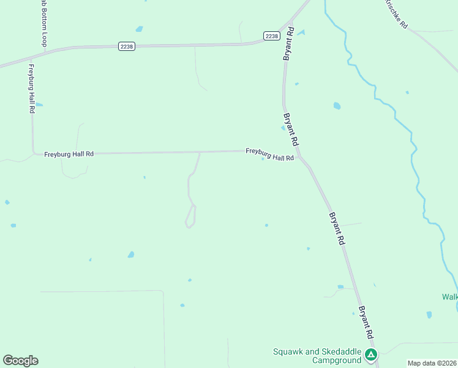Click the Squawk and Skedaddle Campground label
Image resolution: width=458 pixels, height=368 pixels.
coord(317,356)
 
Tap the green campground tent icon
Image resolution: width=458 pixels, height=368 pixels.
coord(370,355)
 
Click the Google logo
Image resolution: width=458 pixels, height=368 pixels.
coord(20,361)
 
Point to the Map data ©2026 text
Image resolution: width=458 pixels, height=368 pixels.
coord(432,363)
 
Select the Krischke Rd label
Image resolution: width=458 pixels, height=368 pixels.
coord(396,13)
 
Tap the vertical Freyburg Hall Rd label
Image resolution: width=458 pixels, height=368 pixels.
coord(31,88)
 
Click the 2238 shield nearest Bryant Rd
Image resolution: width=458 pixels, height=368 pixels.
coord(272,36)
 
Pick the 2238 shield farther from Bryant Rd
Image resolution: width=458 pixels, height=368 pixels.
coord(126,46)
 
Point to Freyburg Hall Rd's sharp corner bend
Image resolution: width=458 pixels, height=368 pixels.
coord(33,152)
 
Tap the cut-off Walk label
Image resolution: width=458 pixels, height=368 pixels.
coord(449,297)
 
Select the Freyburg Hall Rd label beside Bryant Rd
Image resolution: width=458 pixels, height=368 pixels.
coord(269,154)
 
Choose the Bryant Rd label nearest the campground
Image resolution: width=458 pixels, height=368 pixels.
coord(366,323)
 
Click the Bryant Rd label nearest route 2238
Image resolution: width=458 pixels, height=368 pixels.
coord(288,43)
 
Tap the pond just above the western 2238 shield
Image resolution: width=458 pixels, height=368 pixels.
coord(139,29)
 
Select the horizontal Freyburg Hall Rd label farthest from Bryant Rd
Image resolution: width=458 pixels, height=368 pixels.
coord(69,154)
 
